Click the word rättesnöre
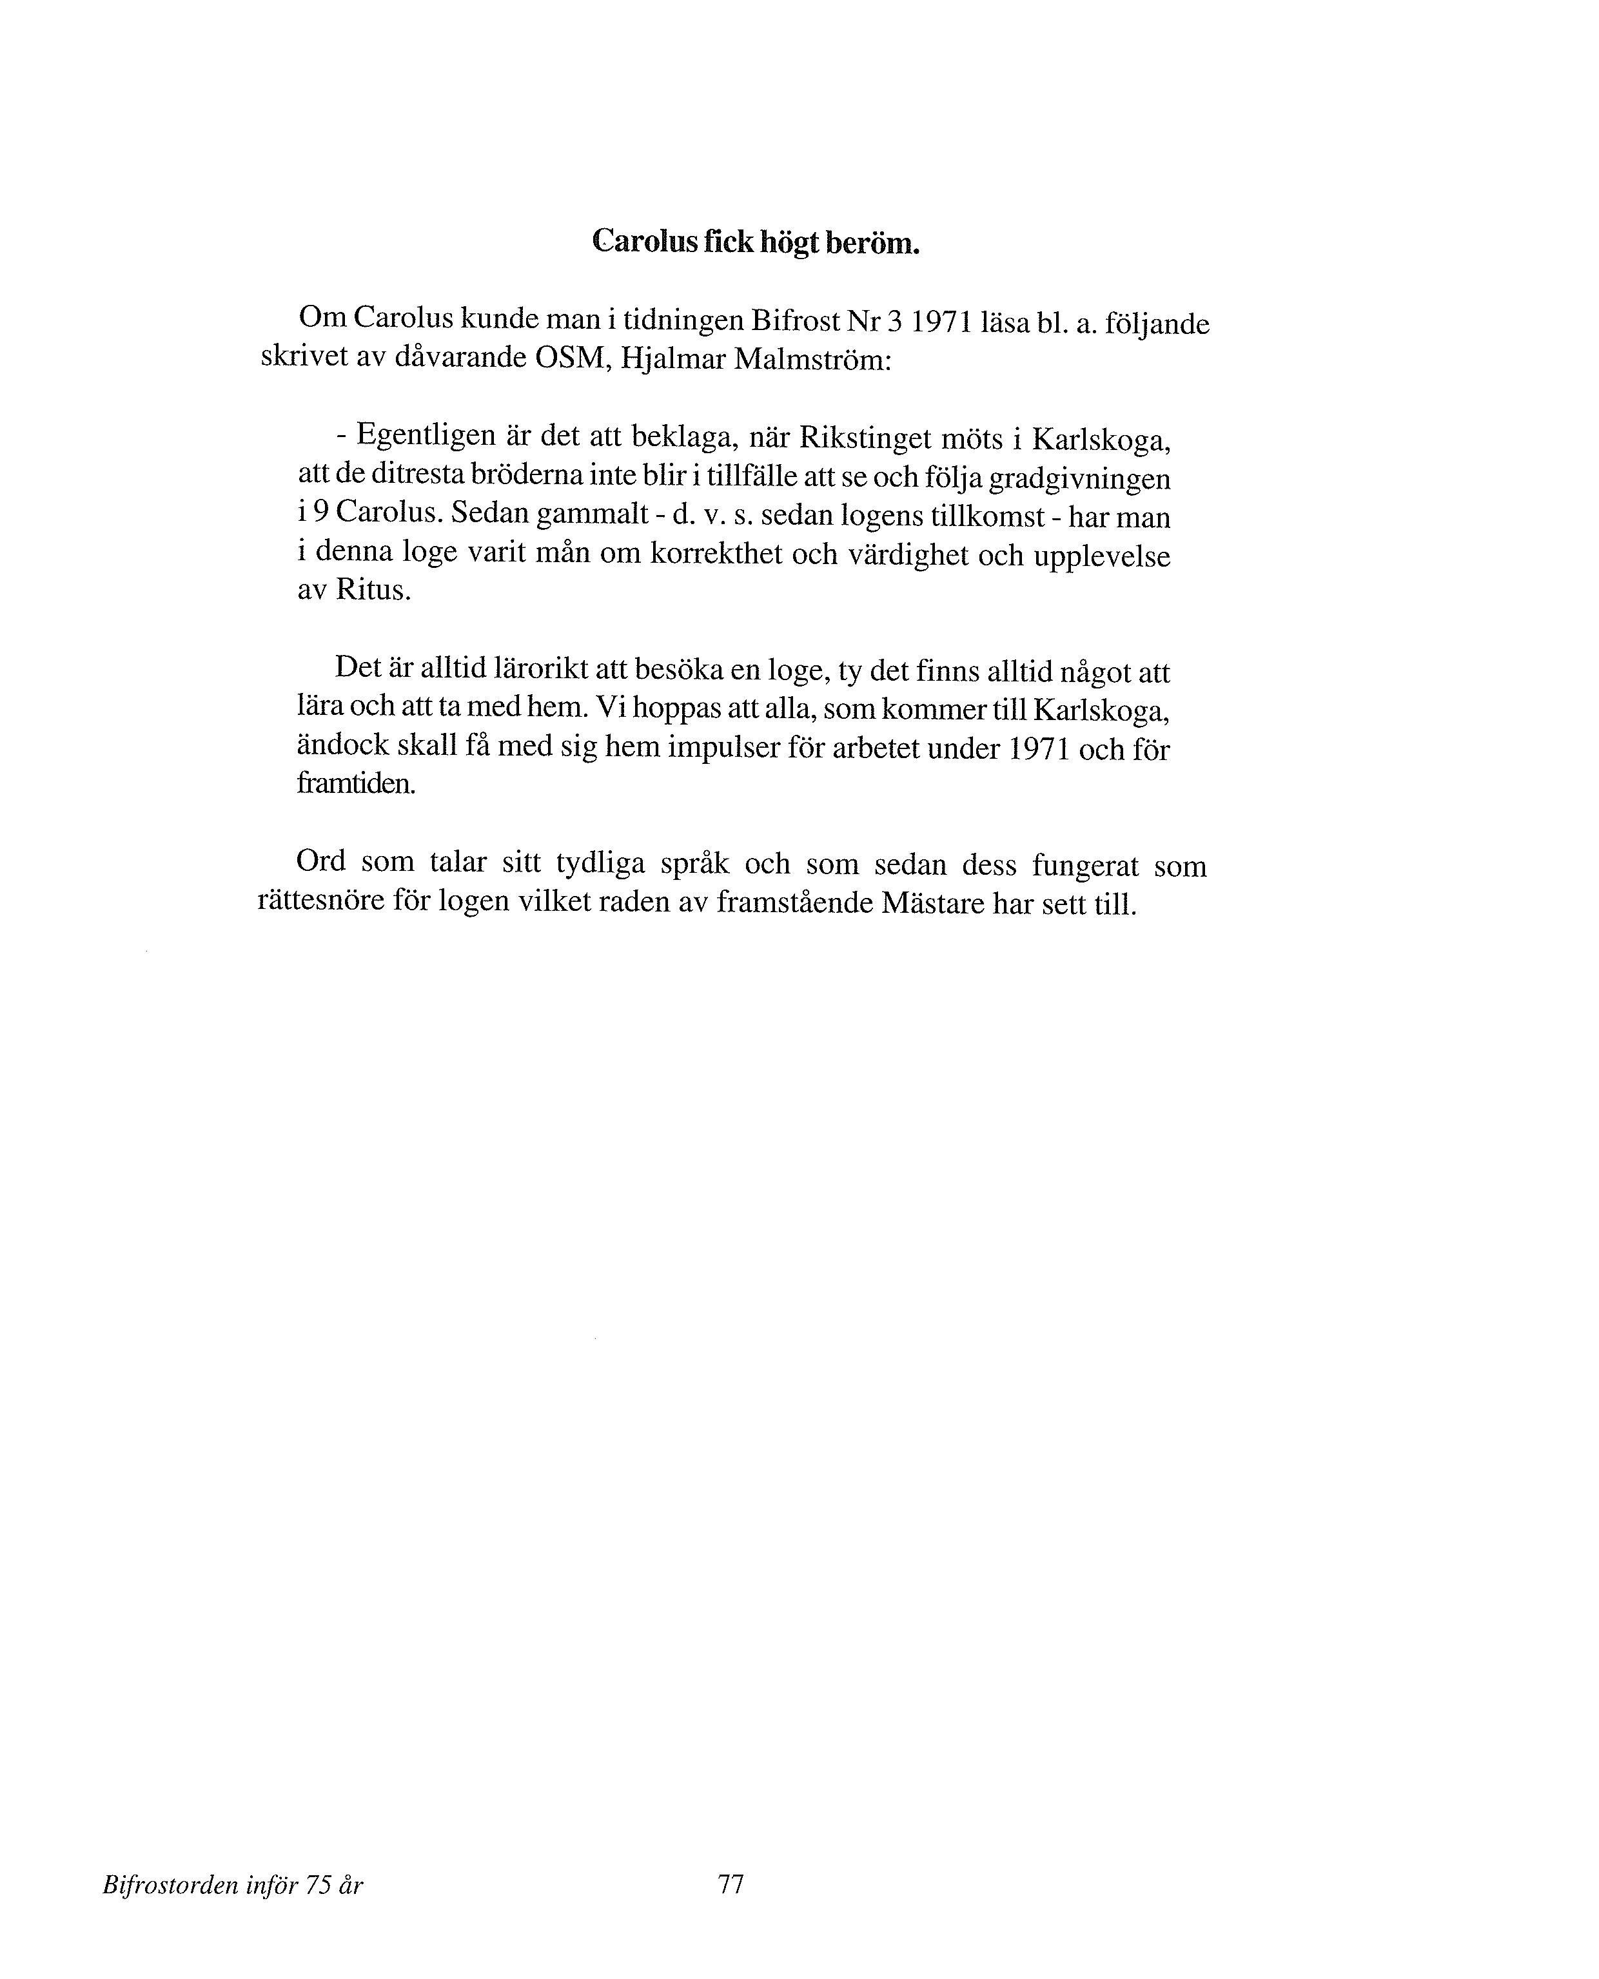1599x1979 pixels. [x=319, y=900]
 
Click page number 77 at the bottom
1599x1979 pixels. [x=731, y=1884]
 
